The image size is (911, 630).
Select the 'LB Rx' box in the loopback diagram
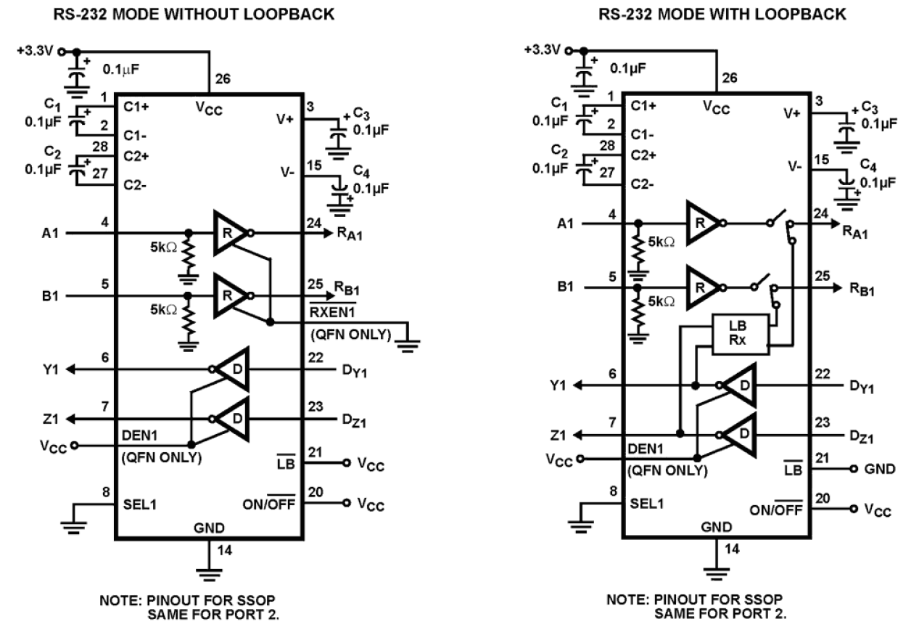(x=741, y=334)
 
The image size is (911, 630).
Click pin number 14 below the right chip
(x=733, y=549)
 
